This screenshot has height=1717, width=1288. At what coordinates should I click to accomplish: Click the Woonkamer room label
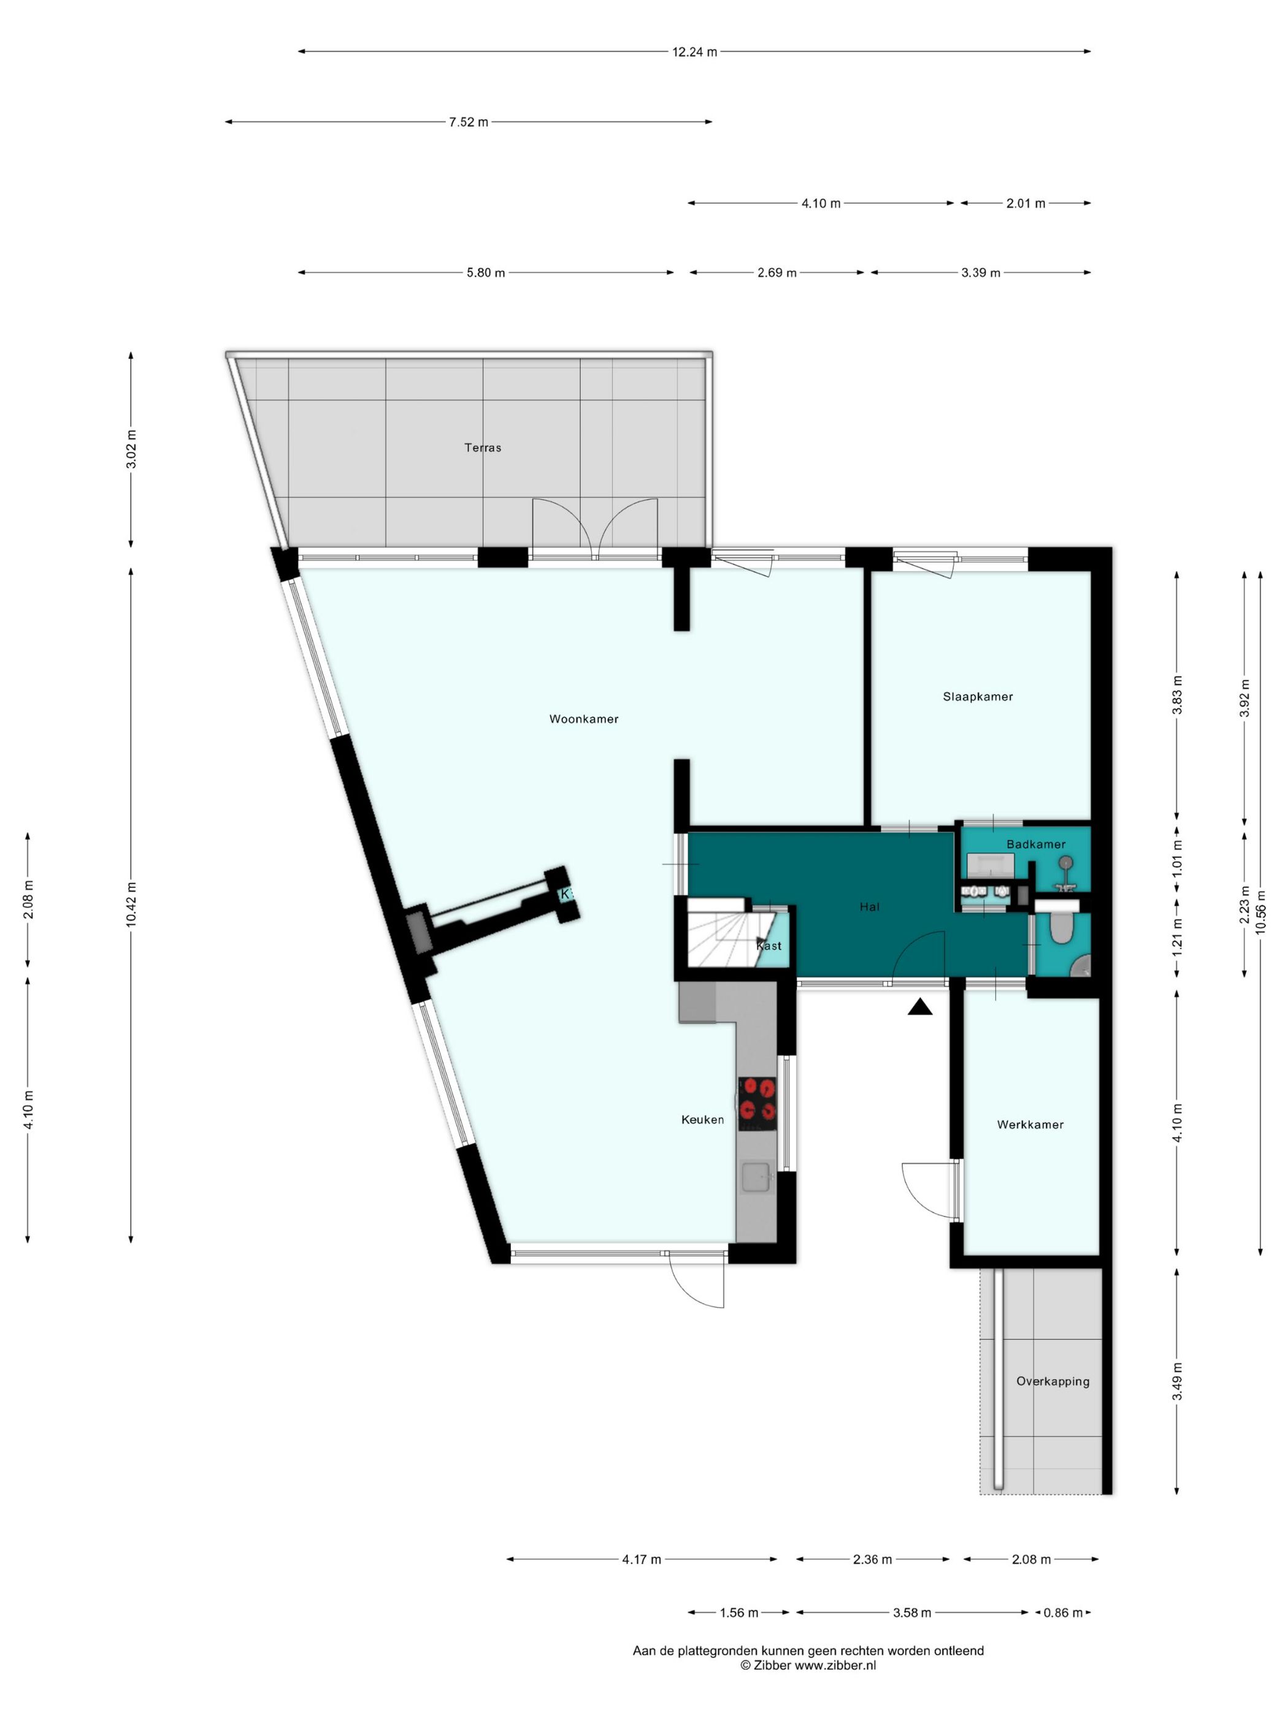tap(584, 719)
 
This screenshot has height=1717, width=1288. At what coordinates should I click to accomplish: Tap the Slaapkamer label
tap(978, 696)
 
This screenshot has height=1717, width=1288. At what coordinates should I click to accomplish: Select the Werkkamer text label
tap(1030, 1124)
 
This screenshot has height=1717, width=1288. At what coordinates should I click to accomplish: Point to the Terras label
tap(483, 447)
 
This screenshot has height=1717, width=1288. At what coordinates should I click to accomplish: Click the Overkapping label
tap(1052, 1381)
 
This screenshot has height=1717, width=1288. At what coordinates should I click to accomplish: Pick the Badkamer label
tap(1036, 844)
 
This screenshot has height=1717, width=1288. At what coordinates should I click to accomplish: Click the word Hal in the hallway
tap(870, 906)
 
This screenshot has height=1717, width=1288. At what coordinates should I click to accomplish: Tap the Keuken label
tap(703, 1119)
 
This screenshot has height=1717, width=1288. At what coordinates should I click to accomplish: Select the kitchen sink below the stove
tap(756, 1176)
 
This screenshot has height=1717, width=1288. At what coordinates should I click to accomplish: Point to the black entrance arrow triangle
tap(920, 1007)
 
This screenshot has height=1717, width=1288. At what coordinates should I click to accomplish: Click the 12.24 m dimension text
tap(694, 52)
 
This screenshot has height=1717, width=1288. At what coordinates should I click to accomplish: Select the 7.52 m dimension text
tap(468, 122)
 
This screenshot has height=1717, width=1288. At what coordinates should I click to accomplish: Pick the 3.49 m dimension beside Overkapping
tap(1177, 1382)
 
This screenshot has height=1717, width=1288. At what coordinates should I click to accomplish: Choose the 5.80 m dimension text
tap(485, 272)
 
